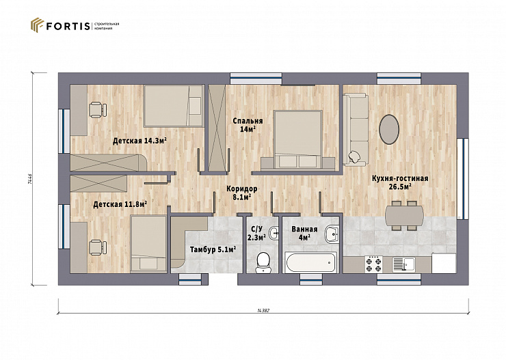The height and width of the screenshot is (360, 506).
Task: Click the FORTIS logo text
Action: coord(68,26)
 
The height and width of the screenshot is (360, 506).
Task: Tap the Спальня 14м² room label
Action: coord(248,125)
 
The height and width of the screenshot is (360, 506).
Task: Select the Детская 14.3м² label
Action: coord(139,141)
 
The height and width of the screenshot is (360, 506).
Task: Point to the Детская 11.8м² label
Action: coord(120,204)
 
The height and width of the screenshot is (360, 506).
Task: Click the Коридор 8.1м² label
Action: coord(241,193)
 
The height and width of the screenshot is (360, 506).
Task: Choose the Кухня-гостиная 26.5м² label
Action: coord(400,183)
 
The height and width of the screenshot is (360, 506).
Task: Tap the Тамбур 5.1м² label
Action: coord(213,249)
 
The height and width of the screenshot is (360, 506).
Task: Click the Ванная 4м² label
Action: coord(304,234)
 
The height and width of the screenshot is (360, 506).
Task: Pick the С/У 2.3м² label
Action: coord(256,234)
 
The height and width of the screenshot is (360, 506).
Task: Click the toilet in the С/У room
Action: coord(263,262)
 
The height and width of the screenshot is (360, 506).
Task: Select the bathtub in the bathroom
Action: coord(311,262)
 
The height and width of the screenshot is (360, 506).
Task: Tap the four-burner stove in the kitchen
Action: coord(374,264)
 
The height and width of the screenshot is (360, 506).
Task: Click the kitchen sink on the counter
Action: coord(403,264)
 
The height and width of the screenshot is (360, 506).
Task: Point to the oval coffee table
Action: coord(389,129)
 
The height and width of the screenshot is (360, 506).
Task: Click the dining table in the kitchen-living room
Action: coord(405,216)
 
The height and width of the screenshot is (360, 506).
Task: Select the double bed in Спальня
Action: coord(297,139)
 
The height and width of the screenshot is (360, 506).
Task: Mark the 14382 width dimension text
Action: coord(263,311)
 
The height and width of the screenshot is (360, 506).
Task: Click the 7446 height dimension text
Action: coord(30,178)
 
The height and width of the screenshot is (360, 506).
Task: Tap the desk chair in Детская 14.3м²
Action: coord(98,110)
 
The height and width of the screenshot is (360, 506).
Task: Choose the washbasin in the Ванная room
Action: coord(332,234)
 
